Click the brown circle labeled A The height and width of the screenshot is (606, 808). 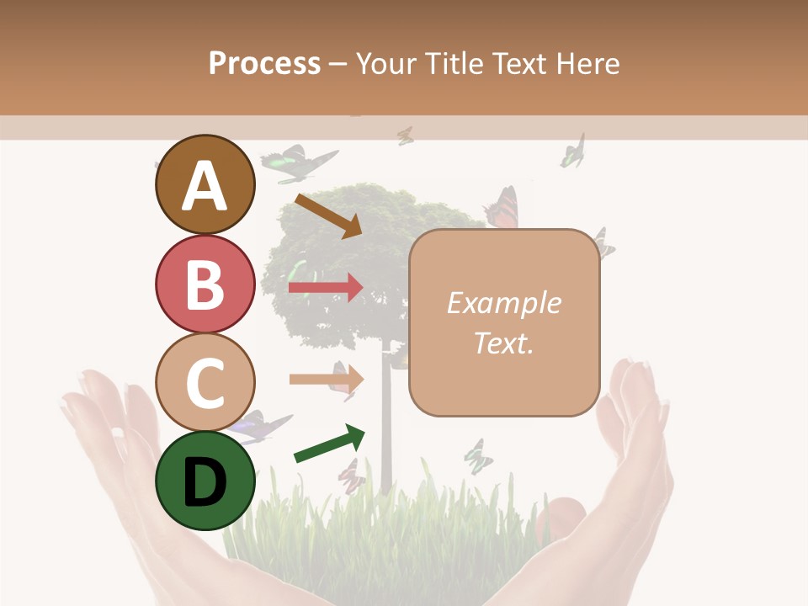coord(205,184)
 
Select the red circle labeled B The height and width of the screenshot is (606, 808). coord(205,284)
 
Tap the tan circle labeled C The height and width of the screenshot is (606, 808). coord(205,382)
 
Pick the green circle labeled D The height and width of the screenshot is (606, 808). coord(205,481)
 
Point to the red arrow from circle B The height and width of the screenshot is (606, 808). coord(326,288)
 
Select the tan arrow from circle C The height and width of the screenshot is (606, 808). coord(326,379)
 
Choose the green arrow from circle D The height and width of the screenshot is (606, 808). coord(329,444)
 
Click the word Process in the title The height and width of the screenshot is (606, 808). coord(264,63)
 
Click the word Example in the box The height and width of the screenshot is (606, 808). coord(503,303)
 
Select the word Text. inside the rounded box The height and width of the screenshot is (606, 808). coord(503,343)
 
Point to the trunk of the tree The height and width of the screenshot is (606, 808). coord(386,421)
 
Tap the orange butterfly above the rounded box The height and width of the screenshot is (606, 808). coord(502,209)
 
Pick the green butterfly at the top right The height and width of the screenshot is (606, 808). coord(573,151)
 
